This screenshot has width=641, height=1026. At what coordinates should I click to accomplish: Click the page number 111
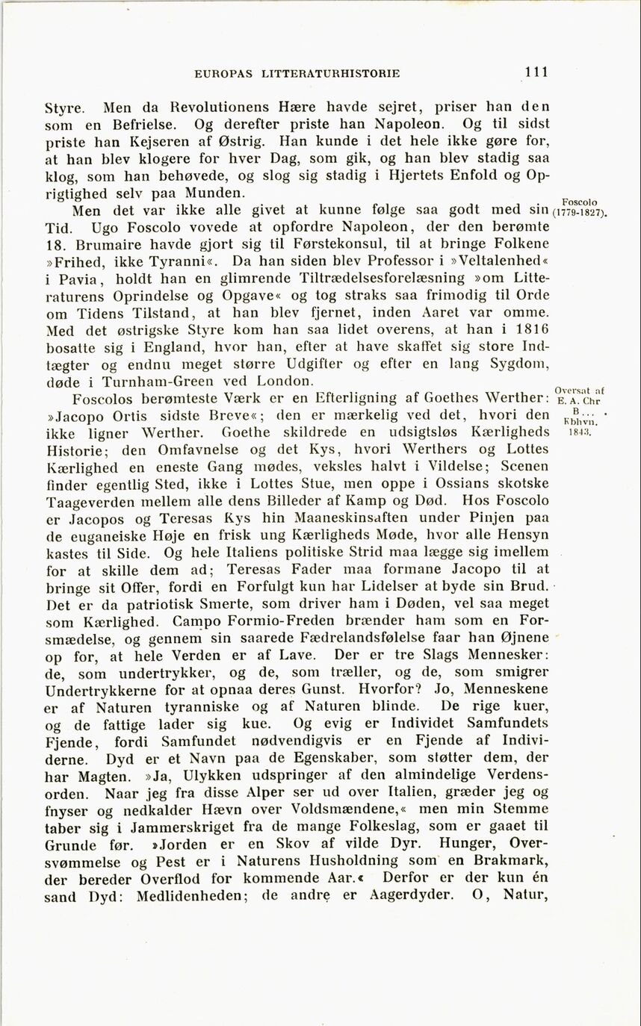[x=536, y=72]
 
